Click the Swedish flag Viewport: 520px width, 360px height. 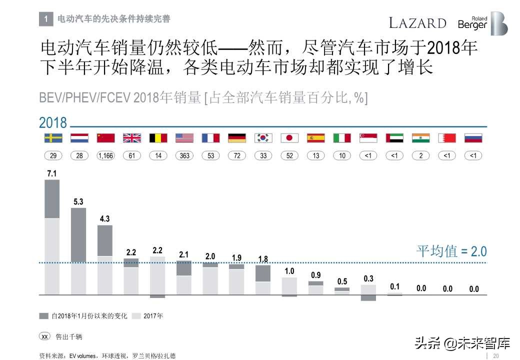click(53, 138)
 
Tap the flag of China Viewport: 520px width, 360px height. click(105, 138)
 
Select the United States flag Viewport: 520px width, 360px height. click(184, 138)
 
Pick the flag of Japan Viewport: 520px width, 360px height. click(289, 138)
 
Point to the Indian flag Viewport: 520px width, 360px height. click(421, 138)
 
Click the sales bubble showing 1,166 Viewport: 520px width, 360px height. click(105, 156)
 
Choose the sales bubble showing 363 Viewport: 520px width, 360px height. click(184, 156)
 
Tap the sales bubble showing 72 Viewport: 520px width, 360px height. click(237, 156)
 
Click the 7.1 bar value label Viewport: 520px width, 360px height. click(51, 173)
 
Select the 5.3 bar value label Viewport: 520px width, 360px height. click(78, 202)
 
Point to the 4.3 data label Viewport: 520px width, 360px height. click(104, 219)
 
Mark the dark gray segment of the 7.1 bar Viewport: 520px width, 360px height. click(52, 199)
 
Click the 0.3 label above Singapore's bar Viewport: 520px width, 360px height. click(368, 278)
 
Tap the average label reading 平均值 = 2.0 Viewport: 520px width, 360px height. click(451, 251)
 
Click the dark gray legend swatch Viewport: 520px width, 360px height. click(44, 316)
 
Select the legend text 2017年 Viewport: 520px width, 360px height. click(153, 316)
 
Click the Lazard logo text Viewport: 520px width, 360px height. click(417, 23)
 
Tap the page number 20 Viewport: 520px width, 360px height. click(496, 355)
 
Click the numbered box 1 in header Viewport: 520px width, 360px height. click(45, 19)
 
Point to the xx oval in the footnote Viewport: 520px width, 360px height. click(44, 336)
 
